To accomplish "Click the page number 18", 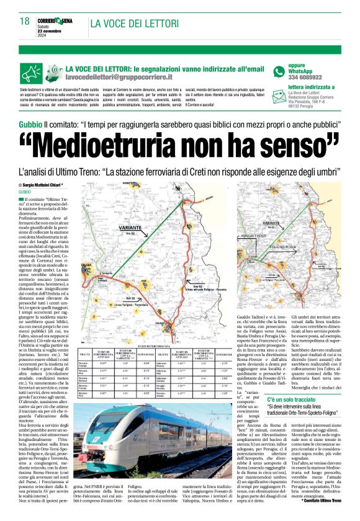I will tap(24, 21).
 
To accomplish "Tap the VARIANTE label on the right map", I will tap(271, 221).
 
